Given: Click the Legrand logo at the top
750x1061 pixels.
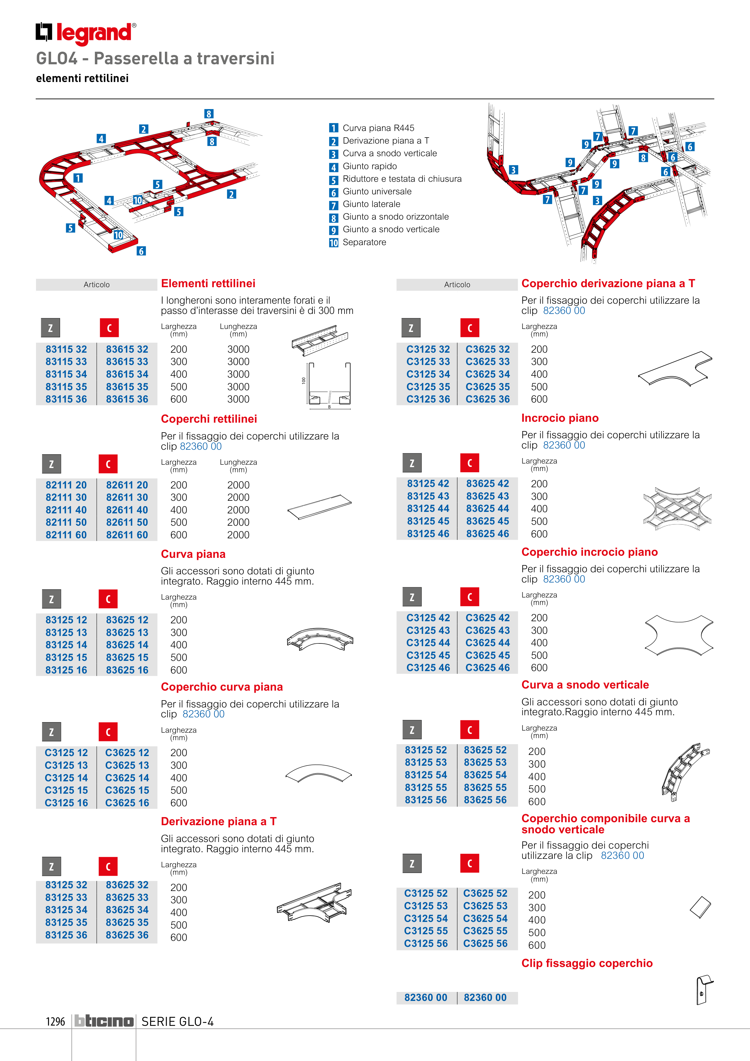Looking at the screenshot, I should [x=86, y=33].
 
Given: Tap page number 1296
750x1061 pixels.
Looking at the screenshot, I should [x=56, y=1022].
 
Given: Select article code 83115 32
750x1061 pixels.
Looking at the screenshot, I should [x=66, y=349].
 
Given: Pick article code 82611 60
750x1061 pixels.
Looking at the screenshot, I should [x=127, y=535].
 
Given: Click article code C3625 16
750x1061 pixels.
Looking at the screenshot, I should [x=127, y=803].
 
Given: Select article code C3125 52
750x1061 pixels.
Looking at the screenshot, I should [x=426, y=893].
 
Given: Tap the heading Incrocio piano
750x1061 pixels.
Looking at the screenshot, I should [x=560, y=418].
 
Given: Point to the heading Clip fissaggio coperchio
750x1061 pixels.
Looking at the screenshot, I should [x=587, y=963].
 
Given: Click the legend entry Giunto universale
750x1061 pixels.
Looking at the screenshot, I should [x=377, y=191].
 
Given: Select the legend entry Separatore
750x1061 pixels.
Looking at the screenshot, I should [x=364, y=242].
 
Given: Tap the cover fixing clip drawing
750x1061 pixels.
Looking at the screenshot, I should [x=704, y=990].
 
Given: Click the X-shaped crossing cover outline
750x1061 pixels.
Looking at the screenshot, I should [x=679, y=635].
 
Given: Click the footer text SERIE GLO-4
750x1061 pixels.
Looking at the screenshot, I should [x=178, y=1022].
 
